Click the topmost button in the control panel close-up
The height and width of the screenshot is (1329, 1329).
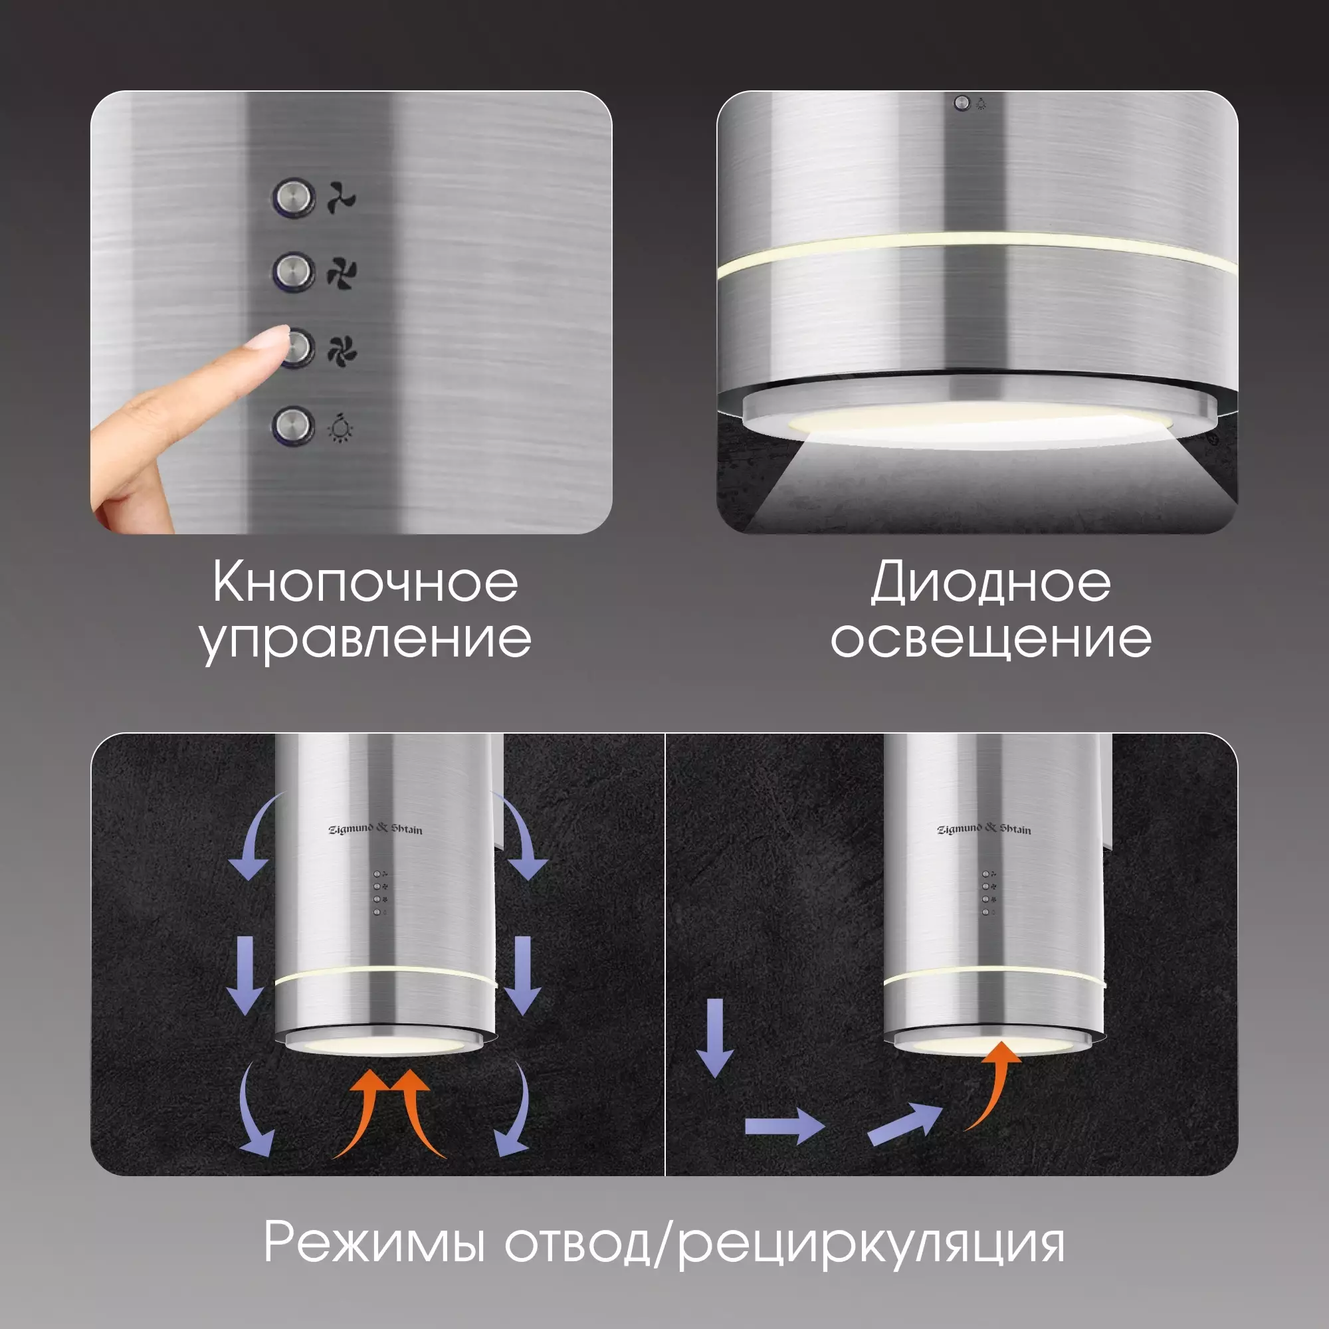coord(294,198)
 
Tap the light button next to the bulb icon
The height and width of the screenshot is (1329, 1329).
coord(294,425)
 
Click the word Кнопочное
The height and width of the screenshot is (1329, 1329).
coord(365,582)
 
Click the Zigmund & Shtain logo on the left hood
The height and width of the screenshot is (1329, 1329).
coord(375,829)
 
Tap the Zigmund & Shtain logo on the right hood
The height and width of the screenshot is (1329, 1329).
coord(984,829)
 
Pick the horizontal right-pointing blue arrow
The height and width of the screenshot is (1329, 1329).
coord(784,1126)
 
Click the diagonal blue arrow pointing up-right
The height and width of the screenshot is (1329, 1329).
coord(905,1125)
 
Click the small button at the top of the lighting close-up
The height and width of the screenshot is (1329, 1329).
coord(962,103)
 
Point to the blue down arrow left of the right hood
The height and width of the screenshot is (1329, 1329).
coord(716,1038)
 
